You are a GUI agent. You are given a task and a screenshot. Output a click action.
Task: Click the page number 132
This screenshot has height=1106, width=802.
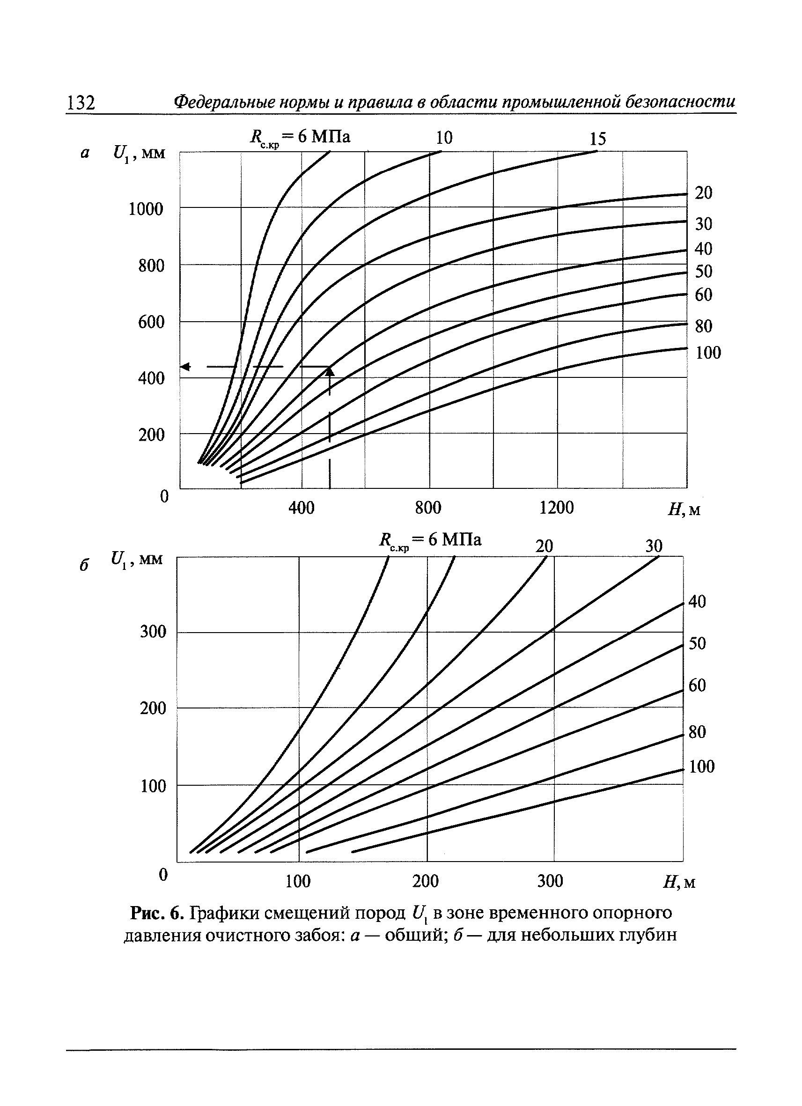tap(81, 103)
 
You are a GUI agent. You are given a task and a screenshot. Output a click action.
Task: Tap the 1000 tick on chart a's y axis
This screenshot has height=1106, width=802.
tap(146, 209)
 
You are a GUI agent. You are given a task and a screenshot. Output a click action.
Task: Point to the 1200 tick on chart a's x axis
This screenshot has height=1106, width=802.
tap(556, 508)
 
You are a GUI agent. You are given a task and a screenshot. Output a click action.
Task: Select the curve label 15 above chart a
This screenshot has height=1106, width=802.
tap(598, 139)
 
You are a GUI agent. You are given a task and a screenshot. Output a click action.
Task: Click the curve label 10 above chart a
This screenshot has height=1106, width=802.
tap(444, 138)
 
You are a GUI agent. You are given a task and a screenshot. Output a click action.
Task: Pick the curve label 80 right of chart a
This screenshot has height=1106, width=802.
tap(704, 326)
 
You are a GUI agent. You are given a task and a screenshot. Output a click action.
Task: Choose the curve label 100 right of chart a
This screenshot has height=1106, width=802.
tap(708, 353)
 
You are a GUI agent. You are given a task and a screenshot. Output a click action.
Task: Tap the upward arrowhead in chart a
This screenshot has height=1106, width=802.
tap(330, 372)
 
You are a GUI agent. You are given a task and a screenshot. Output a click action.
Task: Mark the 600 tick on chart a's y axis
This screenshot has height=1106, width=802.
tap(151, 322)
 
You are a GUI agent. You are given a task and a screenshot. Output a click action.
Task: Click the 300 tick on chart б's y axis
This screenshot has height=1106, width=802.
tap(153, 632)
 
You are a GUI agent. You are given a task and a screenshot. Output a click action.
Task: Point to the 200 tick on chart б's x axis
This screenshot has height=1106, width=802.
tap(426, 881)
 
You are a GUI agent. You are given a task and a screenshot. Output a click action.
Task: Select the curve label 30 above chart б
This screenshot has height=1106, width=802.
tap(654, 546)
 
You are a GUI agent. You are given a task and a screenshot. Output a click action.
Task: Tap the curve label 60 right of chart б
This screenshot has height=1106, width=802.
tap(697, 685)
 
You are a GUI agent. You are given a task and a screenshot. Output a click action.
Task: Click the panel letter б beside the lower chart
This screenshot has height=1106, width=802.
tap(84, 565)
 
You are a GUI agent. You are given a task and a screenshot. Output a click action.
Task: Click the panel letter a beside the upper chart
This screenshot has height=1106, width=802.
tap(85, 154)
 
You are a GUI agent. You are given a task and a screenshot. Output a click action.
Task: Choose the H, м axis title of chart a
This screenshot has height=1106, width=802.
tap(684, 509)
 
